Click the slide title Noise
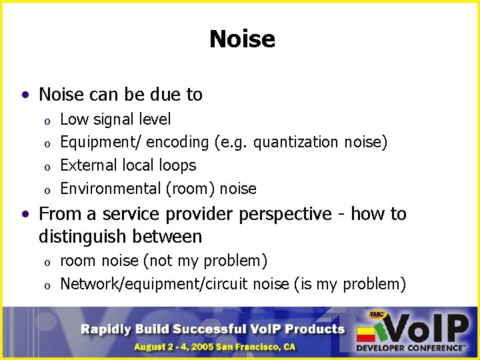click(x=241, y=39)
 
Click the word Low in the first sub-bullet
click(x=73, y=119)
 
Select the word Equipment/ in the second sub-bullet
click(x=100, y=142)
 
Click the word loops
click(x=177, y=165)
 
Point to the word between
click(x=169, y=237)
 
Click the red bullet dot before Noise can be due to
click(x=25, y=95)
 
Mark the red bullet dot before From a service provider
click(x=25, y=215)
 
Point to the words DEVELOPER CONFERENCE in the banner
click(x=410, y=347)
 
